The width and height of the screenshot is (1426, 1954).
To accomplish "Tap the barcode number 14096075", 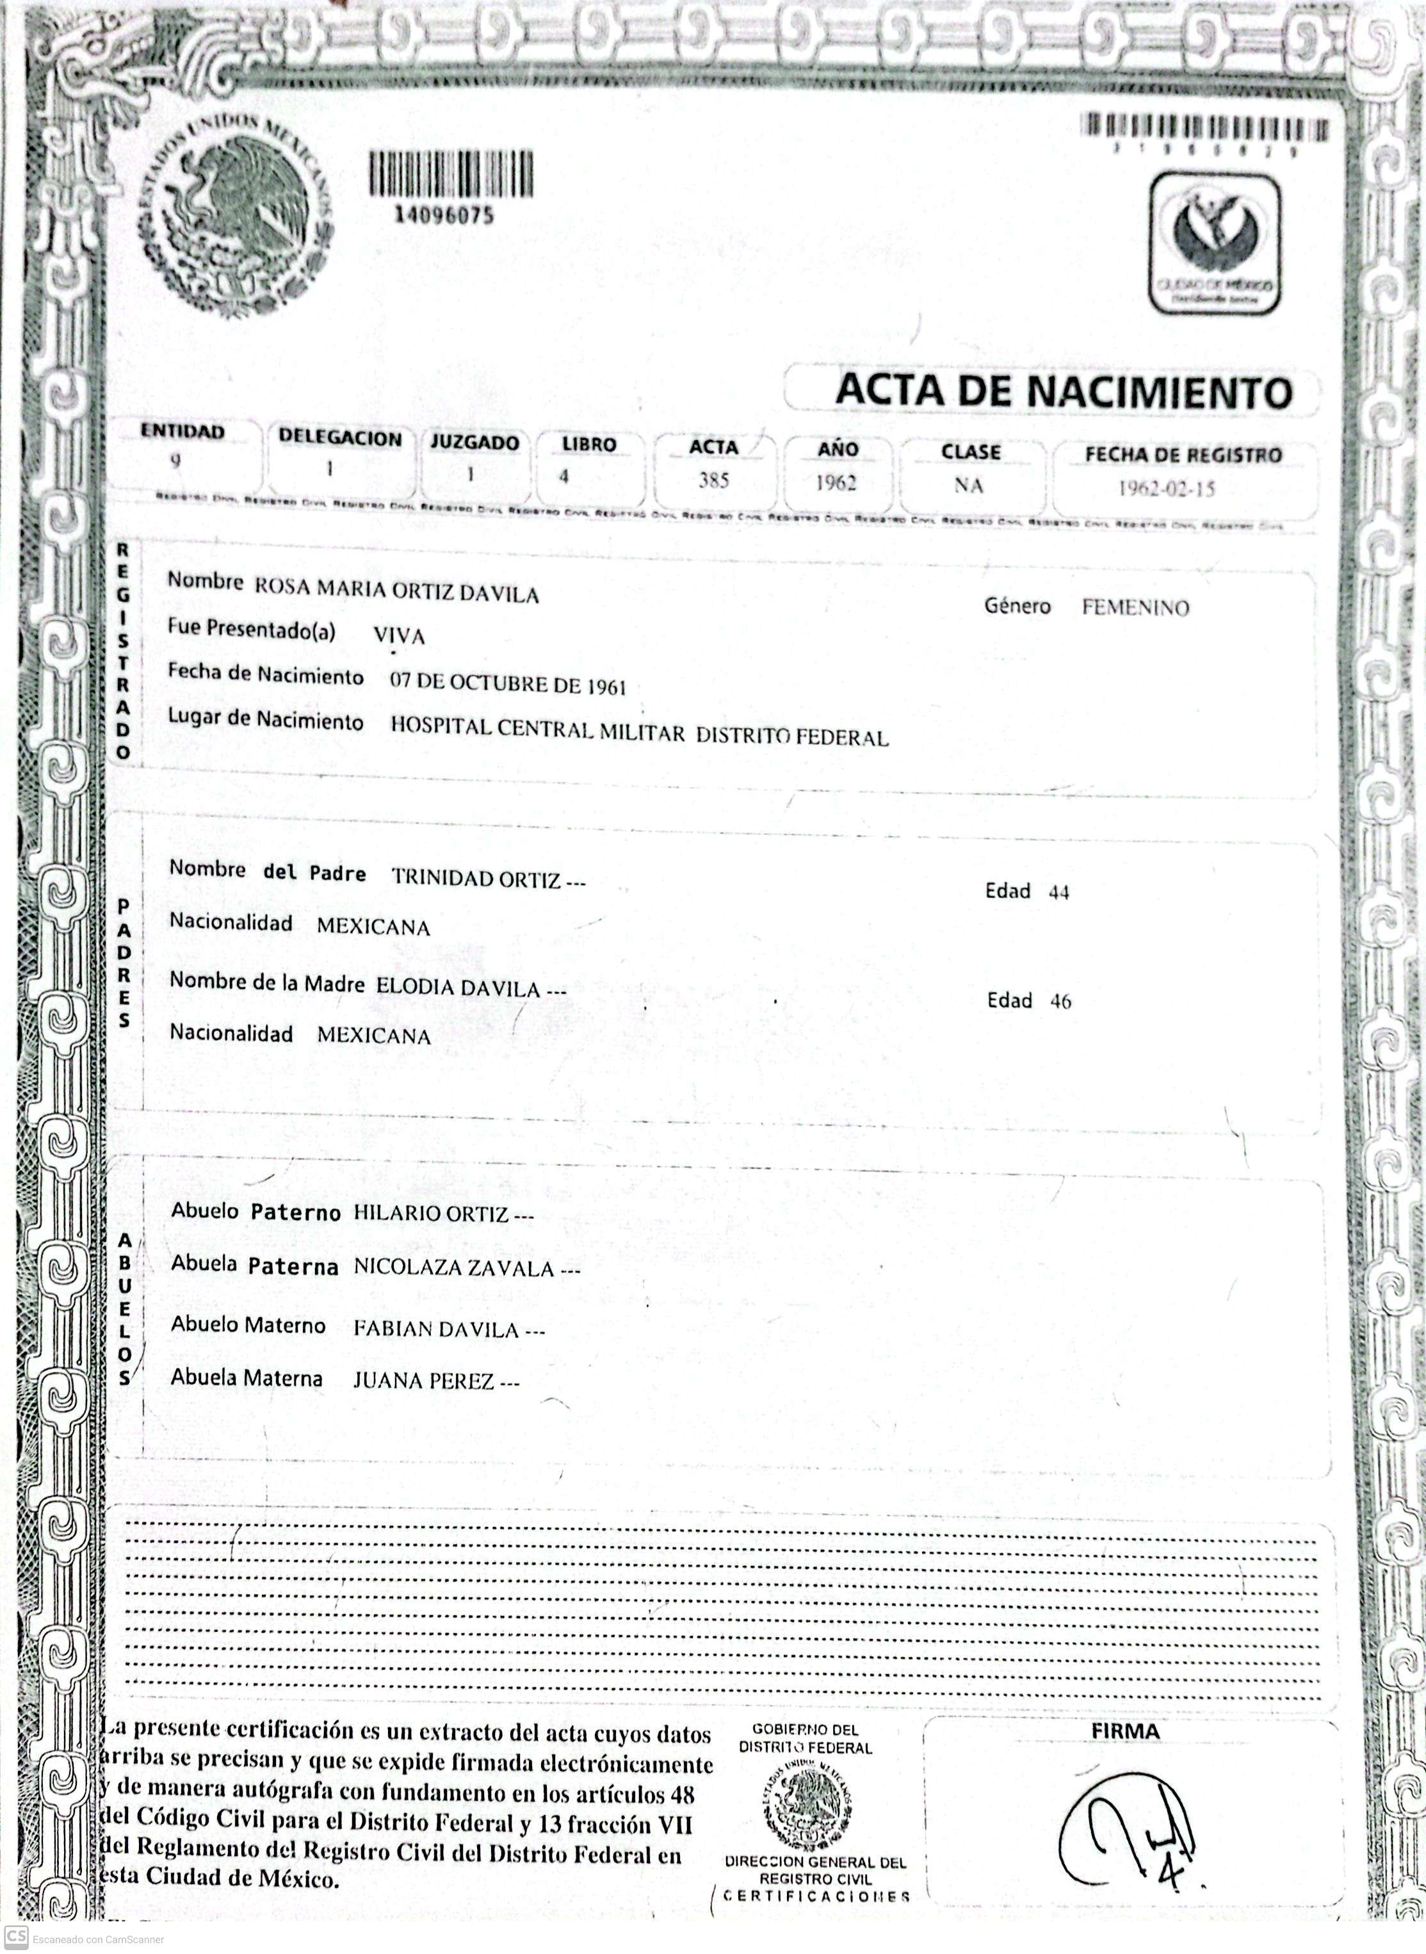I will pyautogui.click(x=444, y=214).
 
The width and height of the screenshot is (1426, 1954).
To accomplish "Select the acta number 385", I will pyautogui.click(x=713, y=480).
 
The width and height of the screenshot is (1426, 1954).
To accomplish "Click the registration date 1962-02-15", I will pyautogui.click(x=1166, y=489).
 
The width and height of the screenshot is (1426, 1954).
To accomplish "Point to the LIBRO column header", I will pyautogui.click(x=588, y=444).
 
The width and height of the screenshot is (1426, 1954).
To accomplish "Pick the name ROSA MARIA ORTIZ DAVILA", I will pyautogui.click(x=396, y=590).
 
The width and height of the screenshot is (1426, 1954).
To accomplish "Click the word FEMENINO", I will pyautogui.click(x=1135, y=608).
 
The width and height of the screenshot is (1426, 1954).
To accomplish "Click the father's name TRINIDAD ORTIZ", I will pyautogui.click(x=476, y=878).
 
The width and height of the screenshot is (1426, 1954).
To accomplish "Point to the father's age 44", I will pyautogui.click(x=1058, y=893).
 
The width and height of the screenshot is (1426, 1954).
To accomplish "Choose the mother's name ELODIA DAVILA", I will pyautogui.click(x=458, y=988).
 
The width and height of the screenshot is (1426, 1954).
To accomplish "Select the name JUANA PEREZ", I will pyautogui.click(x=424, y=1381).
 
